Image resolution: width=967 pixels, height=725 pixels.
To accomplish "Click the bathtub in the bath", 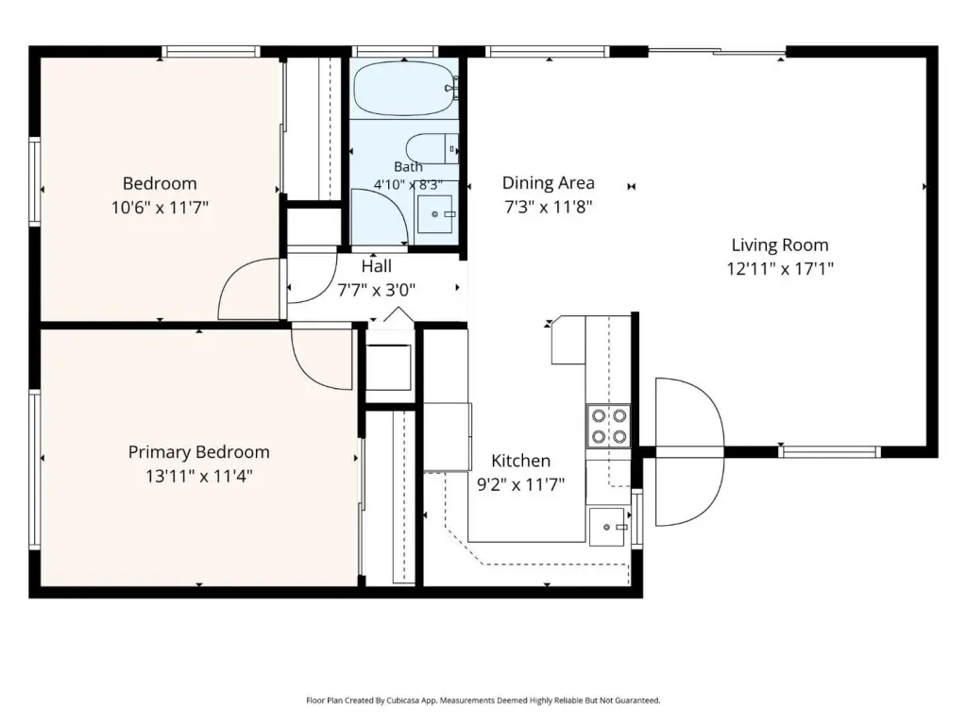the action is pos(404,88).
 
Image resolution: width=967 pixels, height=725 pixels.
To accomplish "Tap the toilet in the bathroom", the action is pos(432,148).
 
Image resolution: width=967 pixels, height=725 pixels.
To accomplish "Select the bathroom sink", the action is pos(434,214).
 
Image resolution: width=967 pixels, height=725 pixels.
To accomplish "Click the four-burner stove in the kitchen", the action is pos(608,427).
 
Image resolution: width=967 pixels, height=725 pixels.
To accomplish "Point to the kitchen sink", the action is pos(607,527).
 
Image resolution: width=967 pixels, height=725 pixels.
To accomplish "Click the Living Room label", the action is pos(779,244).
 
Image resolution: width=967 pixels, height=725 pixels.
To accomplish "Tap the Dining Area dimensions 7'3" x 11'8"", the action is pos(549,207).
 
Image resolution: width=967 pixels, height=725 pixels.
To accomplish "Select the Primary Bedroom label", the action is pos(198,452).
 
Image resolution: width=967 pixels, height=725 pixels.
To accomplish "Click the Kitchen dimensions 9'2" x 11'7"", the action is pos(521,484).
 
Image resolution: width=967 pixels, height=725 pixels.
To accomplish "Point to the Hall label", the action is pos(376,265).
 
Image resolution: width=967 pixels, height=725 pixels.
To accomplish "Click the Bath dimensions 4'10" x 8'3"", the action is pos(408,184).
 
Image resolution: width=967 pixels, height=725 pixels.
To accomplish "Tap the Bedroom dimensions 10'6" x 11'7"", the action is pos(160,207).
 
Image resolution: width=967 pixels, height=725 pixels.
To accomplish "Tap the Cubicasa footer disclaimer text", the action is pos(483,700).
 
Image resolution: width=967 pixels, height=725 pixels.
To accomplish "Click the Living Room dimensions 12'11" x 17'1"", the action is pos(780,269).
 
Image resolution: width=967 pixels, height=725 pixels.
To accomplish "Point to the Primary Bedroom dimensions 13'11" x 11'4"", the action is pos(198,476).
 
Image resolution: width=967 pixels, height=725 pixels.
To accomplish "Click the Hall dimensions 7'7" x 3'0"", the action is pos(376,289).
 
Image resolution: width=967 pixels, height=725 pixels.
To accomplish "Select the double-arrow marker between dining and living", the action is pos(631,186).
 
